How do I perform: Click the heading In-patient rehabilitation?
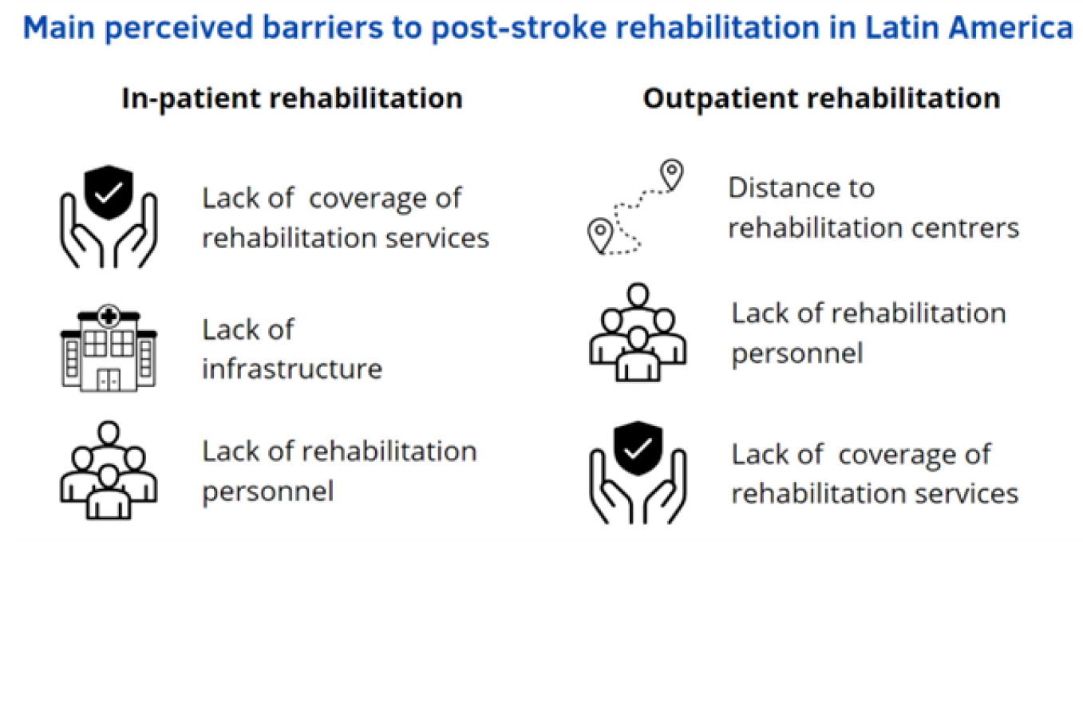coord(291,98)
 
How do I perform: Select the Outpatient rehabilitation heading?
coord(821,98)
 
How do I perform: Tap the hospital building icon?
coord(109,349)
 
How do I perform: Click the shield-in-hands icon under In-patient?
coord(109,217)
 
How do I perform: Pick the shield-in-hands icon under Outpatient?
coord(638,472)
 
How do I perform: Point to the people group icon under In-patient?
coord(109,471)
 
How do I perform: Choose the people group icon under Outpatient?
coord(638,332)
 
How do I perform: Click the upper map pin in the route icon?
coord(672,172)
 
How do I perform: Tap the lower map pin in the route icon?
coord(599,234)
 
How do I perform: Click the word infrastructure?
coord(292,369)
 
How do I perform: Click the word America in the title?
coord(1011,28)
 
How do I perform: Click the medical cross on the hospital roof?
coord(109,317)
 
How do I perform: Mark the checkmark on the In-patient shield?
coord(109,192)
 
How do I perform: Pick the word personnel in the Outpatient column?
coord(796,353)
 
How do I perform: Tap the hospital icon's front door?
coord(109,381)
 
